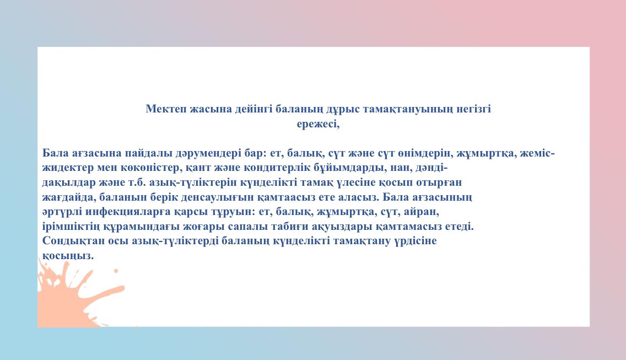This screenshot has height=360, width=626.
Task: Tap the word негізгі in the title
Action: [474, 109]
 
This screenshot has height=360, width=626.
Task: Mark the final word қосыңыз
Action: [68, 256]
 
